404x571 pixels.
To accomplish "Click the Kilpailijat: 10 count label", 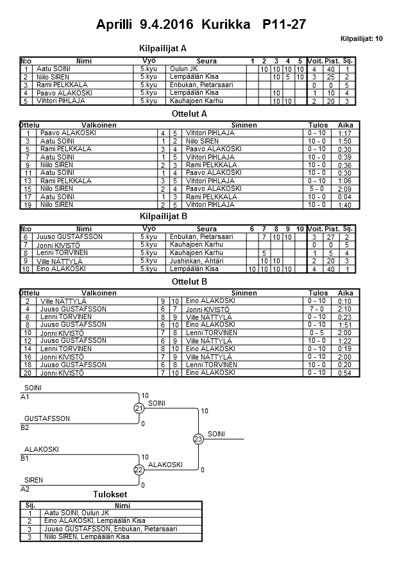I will (361, 39).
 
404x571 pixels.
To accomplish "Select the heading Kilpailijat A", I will (163, 48).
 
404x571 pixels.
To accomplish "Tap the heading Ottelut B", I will (190, 281).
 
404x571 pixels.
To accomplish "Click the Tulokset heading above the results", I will (110, 494).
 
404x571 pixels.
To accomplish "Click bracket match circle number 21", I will (139, 409).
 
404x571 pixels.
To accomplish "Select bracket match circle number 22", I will (139, 470).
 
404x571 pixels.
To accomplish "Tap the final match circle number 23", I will (198, 439).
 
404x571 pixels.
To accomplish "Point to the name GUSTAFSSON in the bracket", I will (47, 418).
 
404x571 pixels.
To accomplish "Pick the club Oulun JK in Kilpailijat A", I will (183, 69).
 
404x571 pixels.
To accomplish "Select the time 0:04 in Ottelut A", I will (344, 197).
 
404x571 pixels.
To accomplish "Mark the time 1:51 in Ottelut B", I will (344, 325).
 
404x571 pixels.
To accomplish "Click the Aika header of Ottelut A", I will (346, 124).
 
